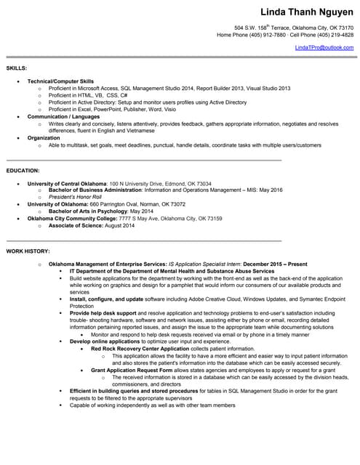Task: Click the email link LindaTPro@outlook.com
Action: [x=324, y=47]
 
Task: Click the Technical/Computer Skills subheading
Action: [x=60, y=81]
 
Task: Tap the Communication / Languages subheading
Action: [x=63, y=116]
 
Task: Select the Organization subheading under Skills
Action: [x=44, y=137]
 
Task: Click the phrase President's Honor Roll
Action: [x=75, y=197]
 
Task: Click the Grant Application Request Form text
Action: [x=132, y=370]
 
